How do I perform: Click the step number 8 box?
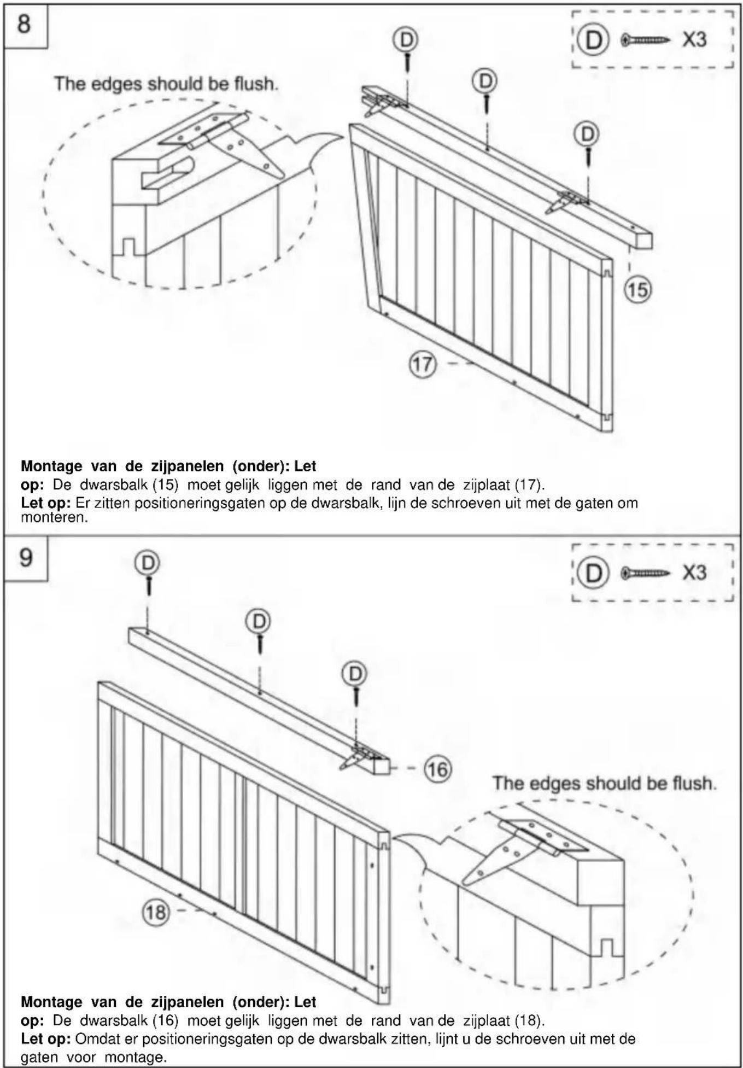point(26,26)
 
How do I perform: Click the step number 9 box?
point(26,558)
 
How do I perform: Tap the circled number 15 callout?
point(637,289)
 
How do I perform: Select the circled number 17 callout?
point(423,364)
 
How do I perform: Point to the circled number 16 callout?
point(437,769)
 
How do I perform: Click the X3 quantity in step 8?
point(694,39)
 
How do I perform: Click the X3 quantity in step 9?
point(694,573)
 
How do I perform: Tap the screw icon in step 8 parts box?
point(646,39)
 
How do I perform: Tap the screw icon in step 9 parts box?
point(646,573)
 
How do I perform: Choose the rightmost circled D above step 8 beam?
point(587,133)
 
